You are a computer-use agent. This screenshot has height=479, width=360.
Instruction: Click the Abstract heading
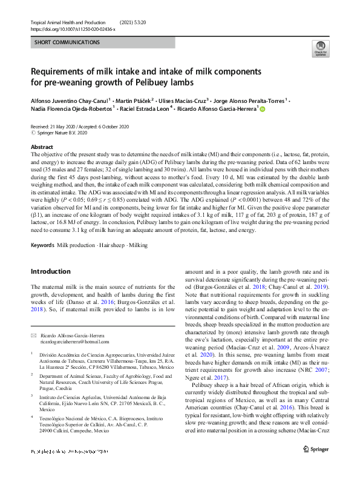(42, 147)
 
